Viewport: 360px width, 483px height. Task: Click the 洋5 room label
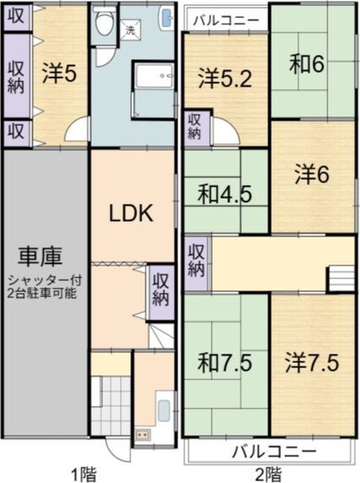[x=59, y=73]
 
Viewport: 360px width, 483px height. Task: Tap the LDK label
[x=130, y=214]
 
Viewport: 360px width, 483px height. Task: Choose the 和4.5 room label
[x=225, y=194]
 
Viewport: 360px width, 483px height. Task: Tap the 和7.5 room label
[x=225, y=362]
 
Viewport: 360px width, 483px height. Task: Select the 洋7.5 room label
[x=313, y=362]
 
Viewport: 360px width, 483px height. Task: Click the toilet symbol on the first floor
[x=105, y=23]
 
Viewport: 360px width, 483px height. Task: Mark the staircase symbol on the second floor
[x=342, y=278]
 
